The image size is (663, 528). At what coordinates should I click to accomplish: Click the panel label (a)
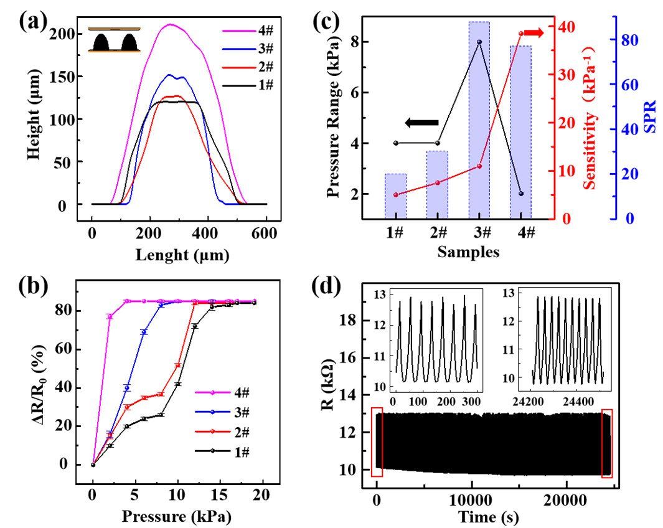32,22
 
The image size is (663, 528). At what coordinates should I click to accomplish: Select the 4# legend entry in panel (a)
248,31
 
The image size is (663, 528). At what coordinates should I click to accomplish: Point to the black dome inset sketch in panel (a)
114,40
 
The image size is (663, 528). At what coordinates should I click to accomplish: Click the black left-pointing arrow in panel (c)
422,123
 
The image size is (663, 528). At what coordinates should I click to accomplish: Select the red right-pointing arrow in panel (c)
534,33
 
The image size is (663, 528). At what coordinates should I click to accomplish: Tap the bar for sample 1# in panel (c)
395,196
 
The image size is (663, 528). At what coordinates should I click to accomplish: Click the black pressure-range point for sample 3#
479,42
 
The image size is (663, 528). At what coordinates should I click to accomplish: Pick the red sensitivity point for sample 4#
521,33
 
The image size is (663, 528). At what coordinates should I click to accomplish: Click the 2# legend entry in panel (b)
222,432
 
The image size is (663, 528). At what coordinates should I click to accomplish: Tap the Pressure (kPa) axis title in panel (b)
177,516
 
